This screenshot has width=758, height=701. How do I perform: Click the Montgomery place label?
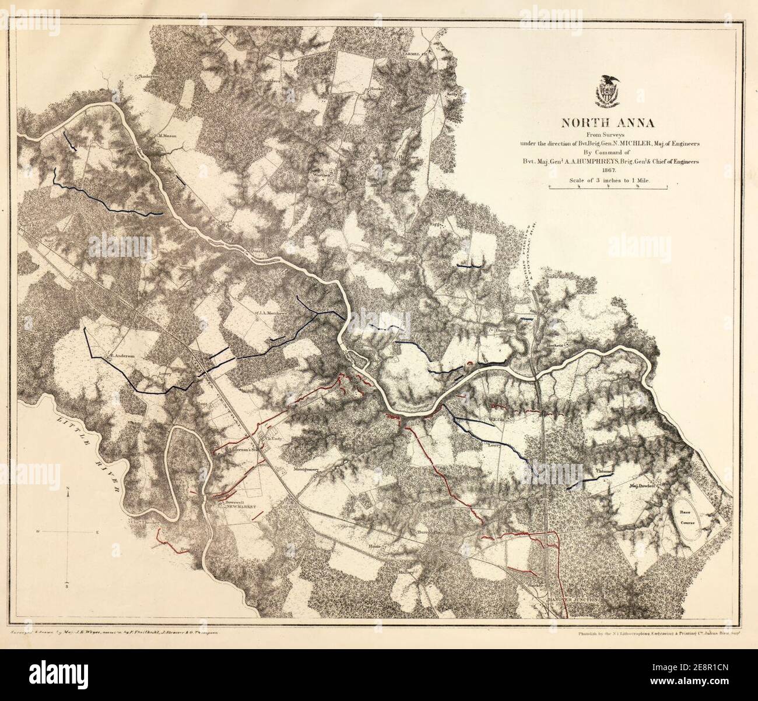[x=306, y=469]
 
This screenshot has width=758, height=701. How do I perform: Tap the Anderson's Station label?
[x=239, y=457]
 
